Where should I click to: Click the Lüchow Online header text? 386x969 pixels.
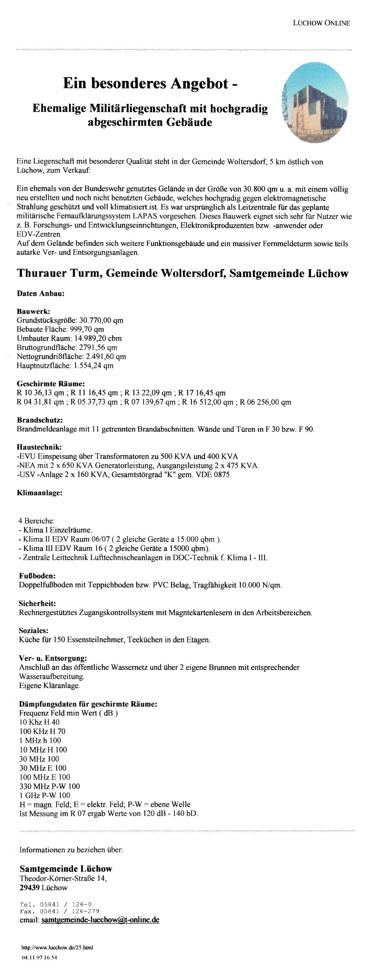pos(321,23)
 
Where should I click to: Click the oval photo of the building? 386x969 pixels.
pos(315,102)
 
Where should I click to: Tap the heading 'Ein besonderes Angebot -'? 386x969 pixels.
pos(150,83)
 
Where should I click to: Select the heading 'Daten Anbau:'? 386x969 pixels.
pos(41,293)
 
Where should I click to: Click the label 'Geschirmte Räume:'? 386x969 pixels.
pos(51,384)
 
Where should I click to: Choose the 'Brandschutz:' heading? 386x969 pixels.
pos(40,420)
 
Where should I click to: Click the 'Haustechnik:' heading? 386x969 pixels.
pos(39,447)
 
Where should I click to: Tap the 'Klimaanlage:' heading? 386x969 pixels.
pos(39,493)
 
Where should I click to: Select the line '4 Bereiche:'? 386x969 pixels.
pos(36,521)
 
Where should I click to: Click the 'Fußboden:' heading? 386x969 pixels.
pos(37,576)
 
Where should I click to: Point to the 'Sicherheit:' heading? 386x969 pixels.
pos(37,603)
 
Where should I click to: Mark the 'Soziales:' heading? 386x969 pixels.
pos(34,630)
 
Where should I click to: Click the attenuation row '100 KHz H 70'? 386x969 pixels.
pos(42,731)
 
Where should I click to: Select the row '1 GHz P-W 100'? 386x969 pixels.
pos(45,795)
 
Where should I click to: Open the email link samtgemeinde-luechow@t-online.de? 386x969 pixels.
pos(100,920)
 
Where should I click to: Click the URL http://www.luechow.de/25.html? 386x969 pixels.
pos(57,947)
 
